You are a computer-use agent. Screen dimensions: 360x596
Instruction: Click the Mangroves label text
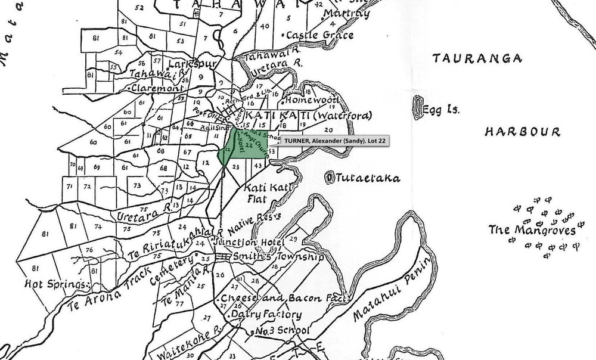[532, 230]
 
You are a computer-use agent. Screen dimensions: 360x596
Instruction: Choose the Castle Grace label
[316, 36]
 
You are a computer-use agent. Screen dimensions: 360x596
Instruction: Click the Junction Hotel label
[258, 243]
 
